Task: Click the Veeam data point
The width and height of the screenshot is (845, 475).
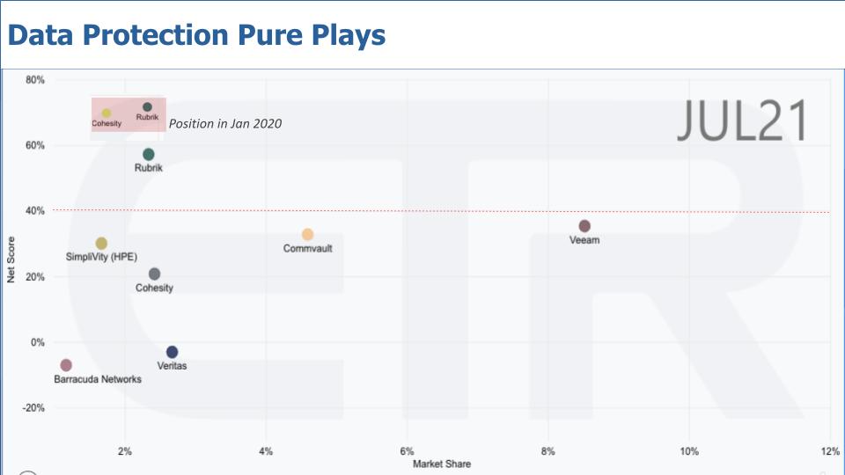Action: [584, 226]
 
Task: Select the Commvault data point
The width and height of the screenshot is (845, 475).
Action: [307, 235]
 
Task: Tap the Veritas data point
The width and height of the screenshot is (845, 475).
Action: [172, 352]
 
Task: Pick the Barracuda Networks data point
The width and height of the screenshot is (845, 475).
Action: [66, 365]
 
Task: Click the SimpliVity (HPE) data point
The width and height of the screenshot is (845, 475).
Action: [101, 244]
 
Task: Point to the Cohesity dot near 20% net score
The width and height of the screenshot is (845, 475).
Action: [155, 274]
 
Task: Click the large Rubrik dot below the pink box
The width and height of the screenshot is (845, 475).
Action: [149, 155]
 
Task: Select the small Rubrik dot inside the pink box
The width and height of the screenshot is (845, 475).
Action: [147, 107]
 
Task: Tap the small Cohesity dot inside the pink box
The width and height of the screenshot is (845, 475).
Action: [107, 113]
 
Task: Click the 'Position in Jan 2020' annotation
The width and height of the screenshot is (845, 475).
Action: [225, 124]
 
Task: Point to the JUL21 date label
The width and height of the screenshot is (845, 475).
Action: [741, 121]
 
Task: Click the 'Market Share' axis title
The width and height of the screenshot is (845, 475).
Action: [442, 464]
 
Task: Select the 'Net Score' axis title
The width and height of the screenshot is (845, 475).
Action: [11, 261]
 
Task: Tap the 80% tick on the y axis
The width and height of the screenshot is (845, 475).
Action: [35, 80]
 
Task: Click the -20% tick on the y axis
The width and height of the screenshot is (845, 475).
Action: [33, 408]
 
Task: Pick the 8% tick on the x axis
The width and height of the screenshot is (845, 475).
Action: [547, 451]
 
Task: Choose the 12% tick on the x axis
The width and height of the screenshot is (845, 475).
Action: [829, 451]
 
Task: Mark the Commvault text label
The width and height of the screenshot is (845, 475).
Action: [307, 249]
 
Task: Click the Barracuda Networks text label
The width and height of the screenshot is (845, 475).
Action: [98, 379]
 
